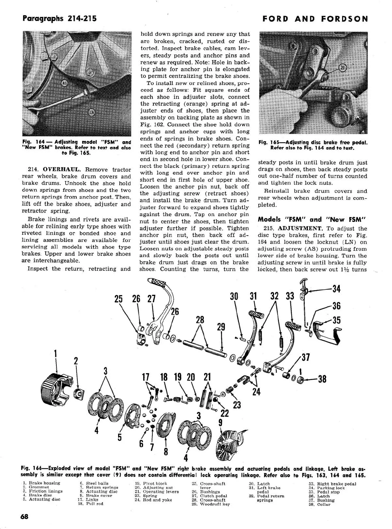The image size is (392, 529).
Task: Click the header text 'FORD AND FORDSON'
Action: (315, 19)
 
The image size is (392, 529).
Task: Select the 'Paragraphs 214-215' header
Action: (59, 18)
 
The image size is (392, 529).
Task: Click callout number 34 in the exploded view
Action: (336, 289)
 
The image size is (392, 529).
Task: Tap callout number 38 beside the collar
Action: (322, 379)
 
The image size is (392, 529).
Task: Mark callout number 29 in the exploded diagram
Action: (221, 327)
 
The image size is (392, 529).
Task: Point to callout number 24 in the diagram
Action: (256, 392)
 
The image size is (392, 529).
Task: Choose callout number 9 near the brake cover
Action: (220, 423)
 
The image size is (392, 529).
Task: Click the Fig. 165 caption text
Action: (313, 145)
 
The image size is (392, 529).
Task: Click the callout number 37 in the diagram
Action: (306, 357)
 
